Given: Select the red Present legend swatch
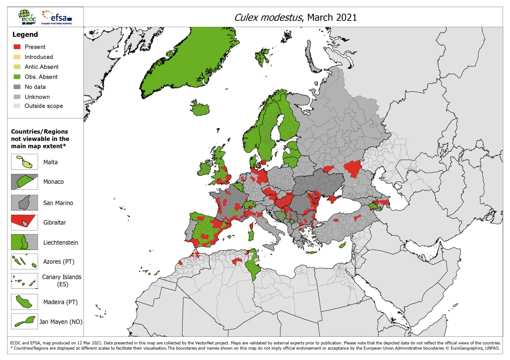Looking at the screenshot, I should [x=17, y=47].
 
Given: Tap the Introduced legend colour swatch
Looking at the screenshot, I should [x=17, y=57].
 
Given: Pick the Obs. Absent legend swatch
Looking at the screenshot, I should [x=17, y=77].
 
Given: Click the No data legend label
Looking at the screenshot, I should [x=35, y=87].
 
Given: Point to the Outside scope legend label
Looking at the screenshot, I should [x=43, y=106].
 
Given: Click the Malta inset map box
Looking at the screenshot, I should [x=24, y=162].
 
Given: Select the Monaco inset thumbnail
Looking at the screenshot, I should [x=24, y=182].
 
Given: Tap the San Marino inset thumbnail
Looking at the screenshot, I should [x=24, y=203].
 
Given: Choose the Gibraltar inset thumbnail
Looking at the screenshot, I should [x=24, y=222].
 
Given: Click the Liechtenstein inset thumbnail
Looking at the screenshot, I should [x=24, y=242].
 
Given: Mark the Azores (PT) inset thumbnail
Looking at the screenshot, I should [x=24, y=262].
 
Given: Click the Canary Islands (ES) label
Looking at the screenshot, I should [x=61, y=281].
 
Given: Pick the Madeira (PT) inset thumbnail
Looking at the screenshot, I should [x=24, y=302].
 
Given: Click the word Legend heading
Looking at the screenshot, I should [x=25, y=35].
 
